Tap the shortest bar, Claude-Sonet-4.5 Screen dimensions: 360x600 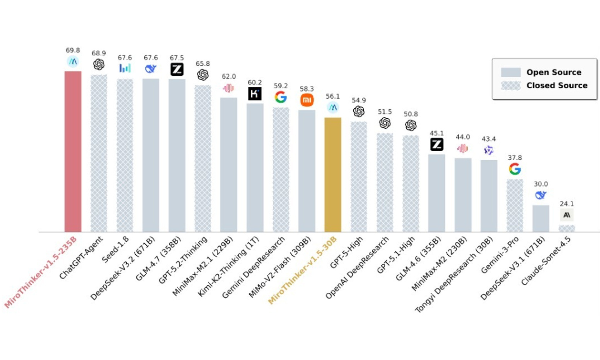[567, 229]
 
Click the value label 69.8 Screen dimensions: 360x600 [73, 50]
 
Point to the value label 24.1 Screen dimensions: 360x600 [567, 204]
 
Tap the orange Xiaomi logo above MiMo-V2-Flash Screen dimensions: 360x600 [307, 100]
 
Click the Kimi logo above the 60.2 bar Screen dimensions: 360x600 [255, 94]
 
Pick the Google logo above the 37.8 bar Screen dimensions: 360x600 [515, 169]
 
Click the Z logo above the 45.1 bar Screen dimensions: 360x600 [437, 145]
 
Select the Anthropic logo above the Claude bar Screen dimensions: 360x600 [567, 215]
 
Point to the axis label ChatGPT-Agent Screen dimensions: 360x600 [82, 257]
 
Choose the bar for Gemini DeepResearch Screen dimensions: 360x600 [281, 170]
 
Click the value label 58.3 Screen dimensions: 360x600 [307, 89]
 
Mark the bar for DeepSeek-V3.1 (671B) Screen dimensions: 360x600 [540, 218]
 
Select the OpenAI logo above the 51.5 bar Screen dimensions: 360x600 [385, 123]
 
